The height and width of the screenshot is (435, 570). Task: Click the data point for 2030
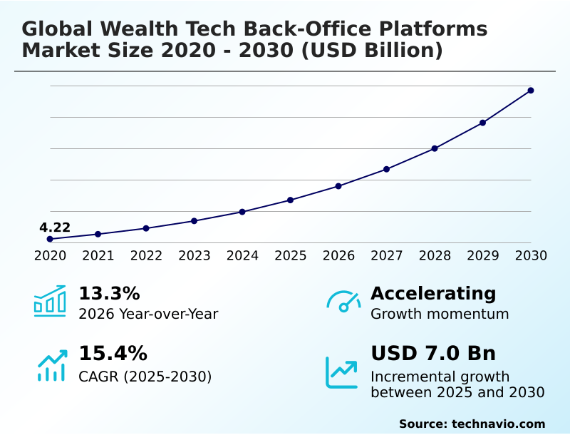531,91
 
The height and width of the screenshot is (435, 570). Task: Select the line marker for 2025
291,200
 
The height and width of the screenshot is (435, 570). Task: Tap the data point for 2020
50,239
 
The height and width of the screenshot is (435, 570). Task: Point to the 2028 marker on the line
435,148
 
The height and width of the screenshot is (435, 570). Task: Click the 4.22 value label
55,228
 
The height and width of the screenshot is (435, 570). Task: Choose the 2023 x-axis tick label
195,255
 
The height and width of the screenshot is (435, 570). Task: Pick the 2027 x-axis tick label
387,255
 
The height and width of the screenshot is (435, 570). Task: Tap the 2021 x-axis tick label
98,255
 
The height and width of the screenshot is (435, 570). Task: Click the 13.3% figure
109,294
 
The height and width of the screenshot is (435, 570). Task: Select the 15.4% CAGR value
113,354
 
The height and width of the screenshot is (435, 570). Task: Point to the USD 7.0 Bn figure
433,354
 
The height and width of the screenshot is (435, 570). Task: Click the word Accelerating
433,294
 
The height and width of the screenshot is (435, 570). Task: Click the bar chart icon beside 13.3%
50,301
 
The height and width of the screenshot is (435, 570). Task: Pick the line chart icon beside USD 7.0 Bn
342,372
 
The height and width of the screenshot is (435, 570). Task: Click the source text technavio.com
499,424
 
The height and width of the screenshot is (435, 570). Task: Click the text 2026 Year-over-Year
148,314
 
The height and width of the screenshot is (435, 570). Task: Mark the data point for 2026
338,186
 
